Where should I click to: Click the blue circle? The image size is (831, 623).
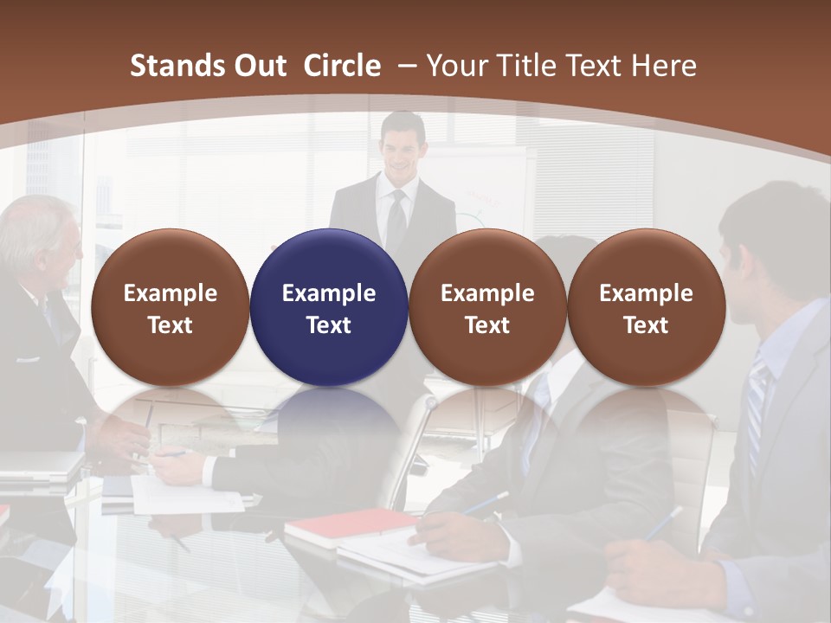[x=328, y=307]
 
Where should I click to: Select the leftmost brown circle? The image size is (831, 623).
[x=170, y=307]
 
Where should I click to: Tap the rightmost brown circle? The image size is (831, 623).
[x=646, y=307]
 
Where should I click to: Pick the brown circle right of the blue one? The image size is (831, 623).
[x=487, y=307]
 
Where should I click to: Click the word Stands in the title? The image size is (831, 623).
[x=176, y=66]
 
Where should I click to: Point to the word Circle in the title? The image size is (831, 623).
[x=342, y=66]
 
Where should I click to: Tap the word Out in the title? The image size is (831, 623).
[x=258, y=66]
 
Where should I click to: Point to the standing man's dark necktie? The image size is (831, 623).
[x=396, y=221]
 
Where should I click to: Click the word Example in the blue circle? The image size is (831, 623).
[x=328, y=293]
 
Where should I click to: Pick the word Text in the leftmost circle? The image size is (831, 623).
[x=170, y=325]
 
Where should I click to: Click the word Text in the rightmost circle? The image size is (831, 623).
[x=646, y=325]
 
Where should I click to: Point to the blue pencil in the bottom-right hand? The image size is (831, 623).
[x=662, y=523]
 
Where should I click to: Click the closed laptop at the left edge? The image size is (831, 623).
[x=39, y=467]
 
